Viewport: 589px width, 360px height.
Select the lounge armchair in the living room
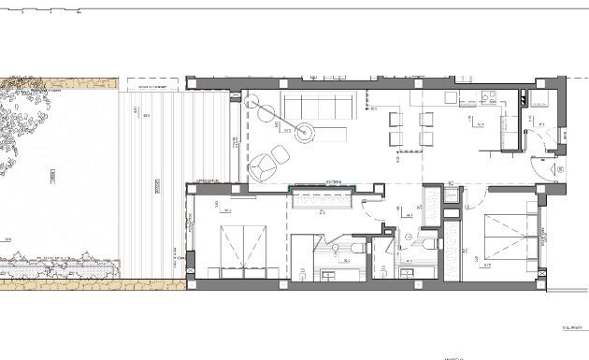(265, 166)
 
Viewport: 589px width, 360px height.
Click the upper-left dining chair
(394, 117)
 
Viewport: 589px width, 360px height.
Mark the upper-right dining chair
(426, 117)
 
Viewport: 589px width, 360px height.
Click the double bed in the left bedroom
(243, 252)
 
